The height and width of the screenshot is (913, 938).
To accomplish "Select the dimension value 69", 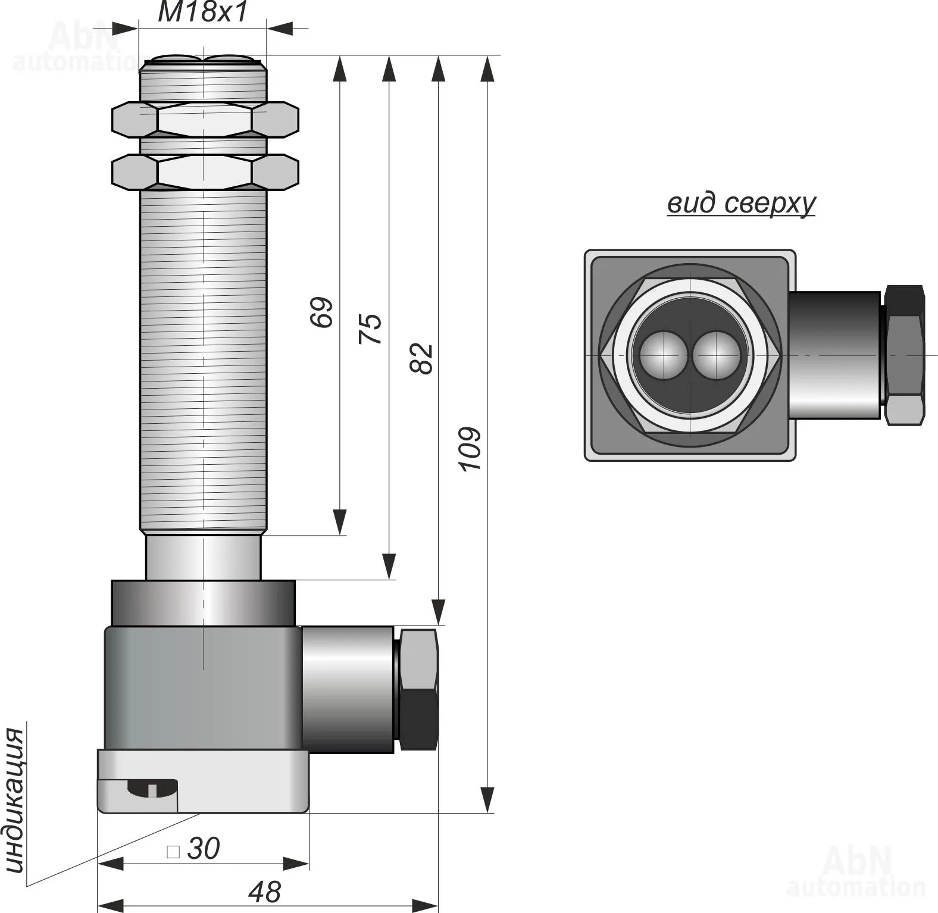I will (x=322, y=311).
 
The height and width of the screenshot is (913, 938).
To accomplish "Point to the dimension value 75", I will (x=370, y=328).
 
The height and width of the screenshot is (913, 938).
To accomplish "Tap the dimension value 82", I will (x=422, y=358).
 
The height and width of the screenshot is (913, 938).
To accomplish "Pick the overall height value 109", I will (x=470, y=449).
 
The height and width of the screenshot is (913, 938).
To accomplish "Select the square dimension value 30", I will (x=203, y=849).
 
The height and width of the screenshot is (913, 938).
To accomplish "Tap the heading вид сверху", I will (x=740, y=203).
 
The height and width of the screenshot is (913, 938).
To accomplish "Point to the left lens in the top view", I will (x=662, y=355).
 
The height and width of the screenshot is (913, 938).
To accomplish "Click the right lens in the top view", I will (x=715, y=355).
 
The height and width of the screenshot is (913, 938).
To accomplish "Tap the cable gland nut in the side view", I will (x=419, y=689).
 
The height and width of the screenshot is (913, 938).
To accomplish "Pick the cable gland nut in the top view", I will (x=904, y=355).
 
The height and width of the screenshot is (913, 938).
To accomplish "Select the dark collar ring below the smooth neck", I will (x=203, y=602).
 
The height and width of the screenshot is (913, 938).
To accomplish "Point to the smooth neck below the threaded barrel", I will (x=203, y=557).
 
